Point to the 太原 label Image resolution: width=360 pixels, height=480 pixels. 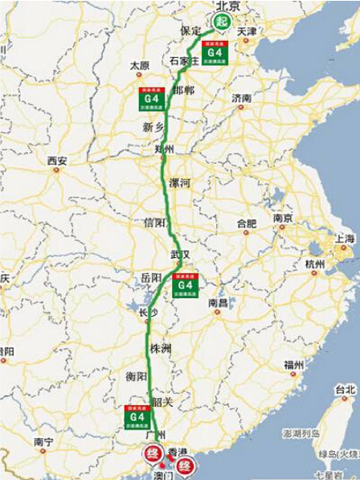140,65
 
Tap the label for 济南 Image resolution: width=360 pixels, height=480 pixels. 242,98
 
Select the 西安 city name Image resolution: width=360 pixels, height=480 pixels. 57,161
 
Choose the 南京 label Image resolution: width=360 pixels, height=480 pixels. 282,218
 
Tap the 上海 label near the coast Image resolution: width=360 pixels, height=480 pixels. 345,239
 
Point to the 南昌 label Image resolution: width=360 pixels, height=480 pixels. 219,303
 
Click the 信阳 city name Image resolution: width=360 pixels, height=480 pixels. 153,222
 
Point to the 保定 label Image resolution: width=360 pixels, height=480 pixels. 191,31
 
